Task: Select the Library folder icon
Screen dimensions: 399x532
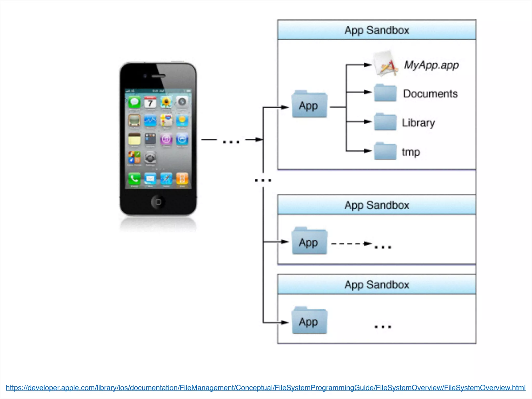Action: coord(385,122)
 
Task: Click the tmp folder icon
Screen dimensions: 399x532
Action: coord(385,151)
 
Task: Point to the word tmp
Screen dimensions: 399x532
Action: coord(411,152)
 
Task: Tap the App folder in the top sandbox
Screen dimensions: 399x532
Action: coord(309,104)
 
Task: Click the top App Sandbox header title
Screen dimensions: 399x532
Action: coord(377,30)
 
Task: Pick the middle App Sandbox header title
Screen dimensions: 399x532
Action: coord(377,205)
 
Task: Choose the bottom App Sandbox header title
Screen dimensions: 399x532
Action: coord(377,285)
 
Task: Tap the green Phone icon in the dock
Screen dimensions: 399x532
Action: coord(134,179)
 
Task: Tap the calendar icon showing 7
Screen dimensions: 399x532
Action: coord(150,102)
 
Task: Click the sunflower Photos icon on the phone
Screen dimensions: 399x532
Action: coord(166,102)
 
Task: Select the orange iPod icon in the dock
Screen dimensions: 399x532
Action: coord(182,179)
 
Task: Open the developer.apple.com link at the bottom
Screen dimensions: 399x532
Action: coord(265,388)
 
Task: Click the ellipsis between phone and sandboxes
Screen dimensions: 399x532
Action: coord(231,142)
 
